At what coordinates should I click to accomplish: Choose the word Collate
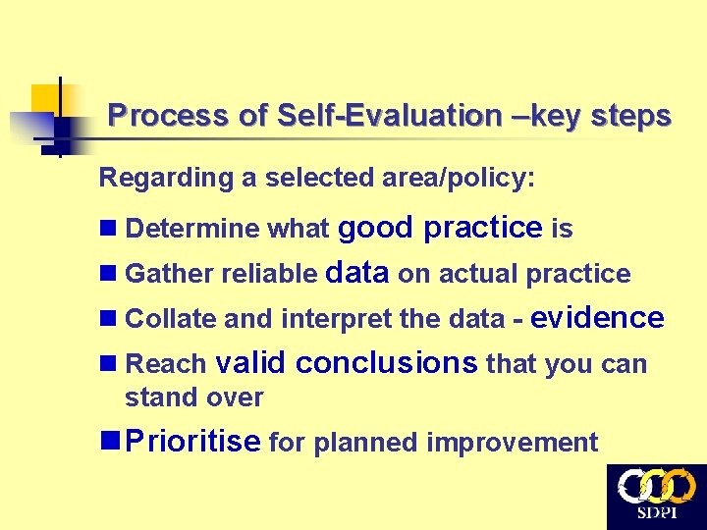coord(172,319)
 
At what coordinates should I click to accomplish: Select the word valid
coord(249,363)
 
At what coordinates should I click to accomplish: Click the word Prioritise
coord(193,442)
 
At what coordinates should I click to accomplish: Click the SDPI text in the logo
coord(657,513)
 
